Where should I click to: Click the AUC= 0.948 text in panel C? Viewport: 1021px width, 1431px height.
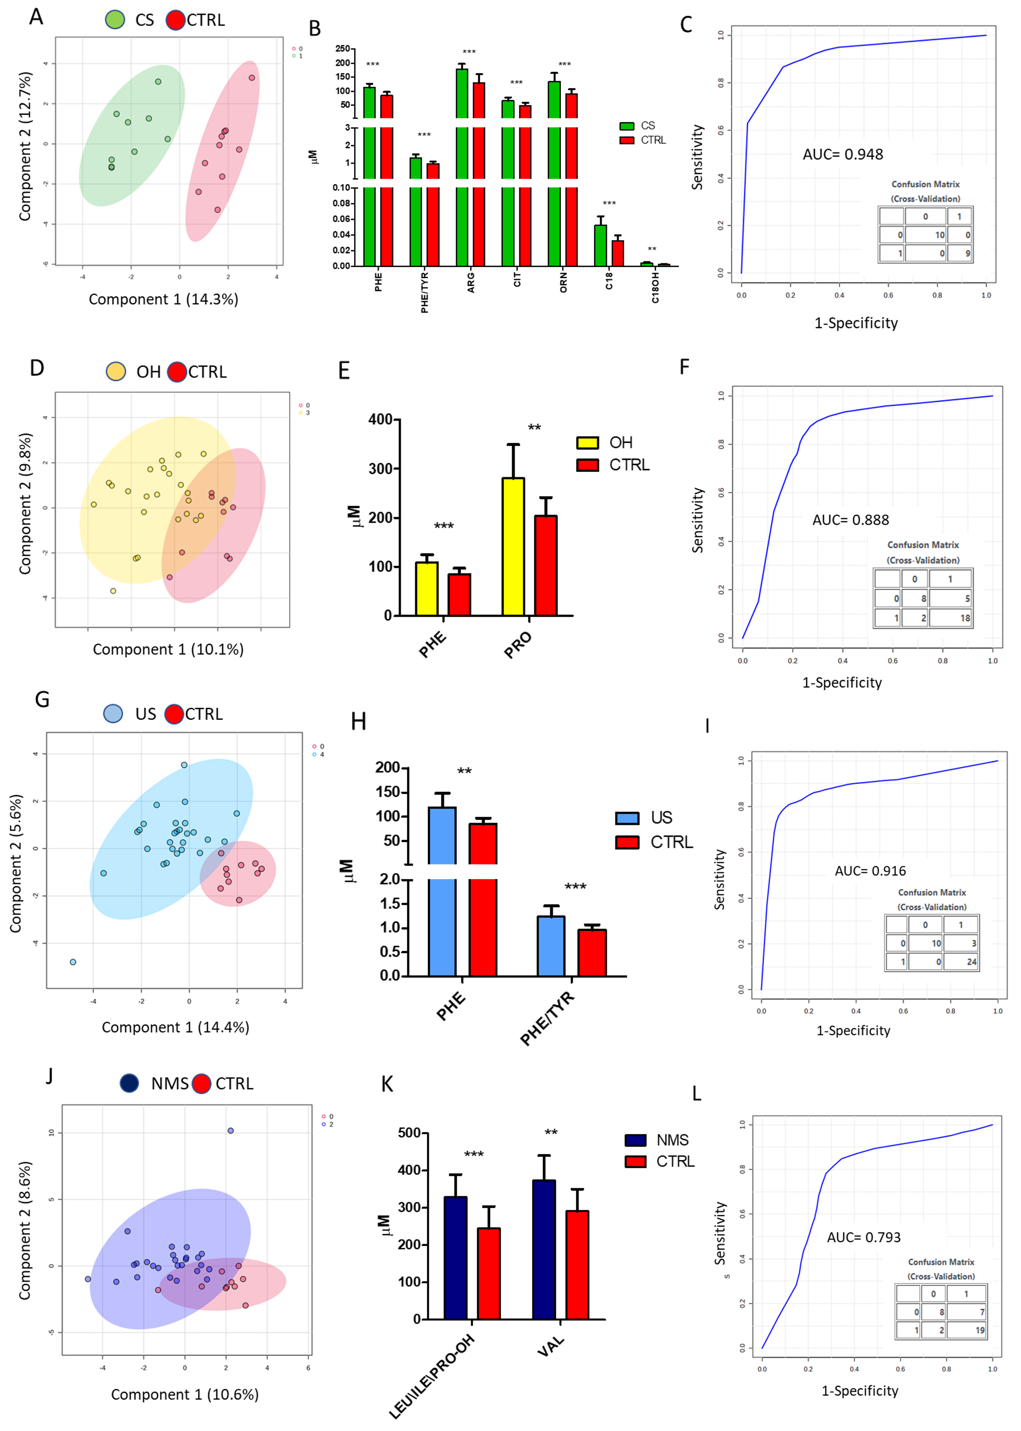[842, 154]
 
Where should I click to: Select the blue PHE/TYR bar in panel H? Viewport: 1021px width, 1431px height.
[551, 946]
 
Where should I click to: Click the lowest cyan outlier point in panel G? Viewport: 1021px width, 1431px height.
[73, 962]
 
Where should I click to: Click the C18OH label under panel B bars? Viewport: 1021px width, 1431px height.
[655, 288]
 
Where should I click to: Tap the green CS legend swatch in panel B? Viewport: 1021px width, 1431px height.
[627, 126]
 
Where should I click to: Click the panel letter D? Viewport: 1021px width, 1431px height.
[37, 368]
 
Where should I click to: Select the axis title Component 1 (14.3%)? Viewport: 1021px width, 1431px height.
[164, 299]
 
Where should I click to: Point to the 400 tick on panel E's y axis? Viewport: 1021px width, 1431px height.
[381, 419]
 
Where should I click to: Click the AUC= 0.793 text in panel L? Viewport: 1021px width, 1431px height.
[863, 1237]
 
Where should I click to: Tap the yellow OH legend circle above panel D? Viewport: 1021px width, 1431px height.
[116, 371]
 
